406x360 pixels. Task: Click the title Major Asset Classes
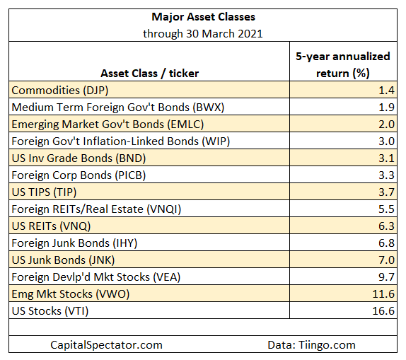203,17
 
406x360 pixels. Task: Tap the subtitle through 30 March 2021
203,34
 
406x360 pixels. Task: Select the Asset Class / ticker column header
150,74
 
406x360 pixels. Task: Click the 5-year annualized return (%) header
343,65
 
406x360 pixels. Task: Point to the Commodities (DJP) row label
60,91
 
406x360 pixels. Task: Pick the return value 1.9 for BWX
386,108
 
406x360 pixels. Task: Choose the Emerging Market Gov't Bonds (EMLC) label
108,124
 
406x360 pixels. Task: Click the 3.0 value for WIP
386,141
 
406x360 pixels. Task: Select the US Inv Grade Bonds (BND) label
79,158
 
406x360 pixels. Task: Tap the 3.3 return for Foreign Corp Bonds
386,175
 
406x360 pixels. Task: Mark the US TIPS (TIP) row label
44,192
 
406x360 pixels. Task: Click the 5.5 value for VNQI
386,209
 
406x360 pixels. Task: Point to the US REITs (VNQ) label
51,226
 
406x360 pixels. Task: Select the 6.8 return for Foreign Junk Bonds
386,243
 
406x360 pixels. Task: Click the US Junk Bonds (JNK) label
63,260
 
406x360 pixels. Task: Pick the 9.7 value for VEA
386,277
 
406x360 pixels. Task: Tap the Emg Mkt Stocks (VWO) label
71,294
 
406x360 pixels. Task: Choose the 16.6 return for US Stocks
383,311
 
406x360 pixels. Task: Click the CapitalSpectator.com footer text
106,345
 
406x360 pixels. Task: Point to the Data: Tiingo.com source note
311,345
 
